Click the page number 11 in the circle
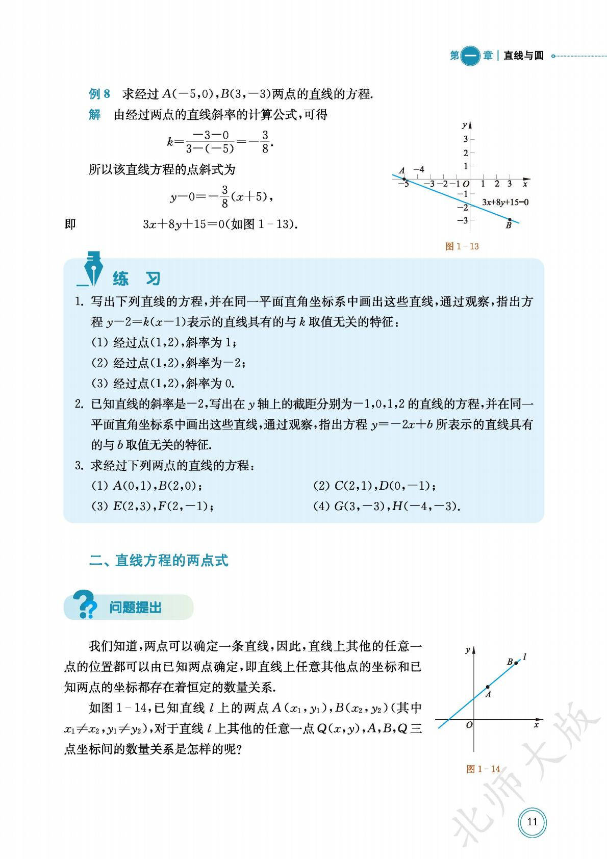(x=532, y=822)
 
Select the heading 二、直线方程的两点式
(x=159, y=561)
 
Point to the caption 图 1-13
(x=462, y=246)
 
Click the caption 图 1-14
(x=483, y=769)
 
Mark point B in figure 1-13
(x=510, y=219)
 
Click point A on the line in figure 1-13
(x=404, y=179)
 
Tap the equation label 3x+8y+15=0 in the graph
(x=505, y=202)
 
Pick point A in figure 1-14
(x=488, y=687)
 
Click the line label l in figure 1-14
(x=524, y=657)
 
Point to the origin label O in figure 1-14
(x=469, y=724)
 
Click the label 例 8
(x=99, y=94)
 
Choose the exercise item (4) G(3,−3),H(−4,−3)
(x=387, y=507)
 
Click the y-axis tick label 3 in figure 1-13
(x=465, y=139)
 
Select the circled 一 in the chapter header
(x=470, y=56)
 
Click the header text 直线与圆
(x=523, y=56)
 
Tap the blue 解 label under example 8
(x=94, y=115)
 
